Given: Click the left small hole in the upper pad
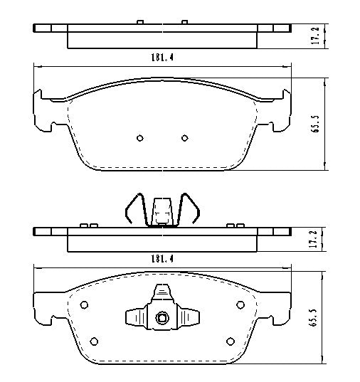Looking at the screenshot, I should point(139,138).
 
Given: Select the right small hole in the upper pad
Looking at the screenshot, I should point(184,138).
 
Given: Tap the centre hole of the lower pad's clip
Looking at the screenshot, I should point(162,317).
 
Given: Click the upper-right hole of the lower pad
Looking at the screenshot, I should point(240,306).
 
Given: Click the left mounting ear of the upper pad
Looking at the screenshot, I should point(43,110).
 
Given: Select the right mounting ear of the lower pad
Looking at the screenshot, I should point(282,302).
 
